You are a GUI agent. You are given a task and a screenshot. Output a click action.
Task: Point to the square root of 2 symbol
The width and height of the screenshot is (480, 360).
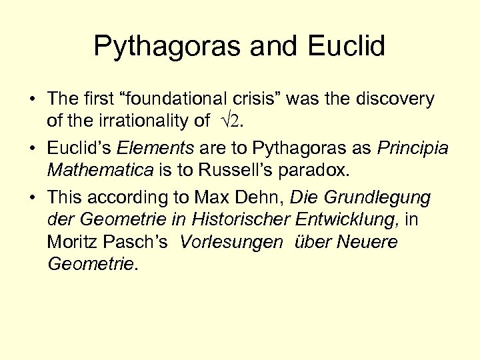pos(237,121)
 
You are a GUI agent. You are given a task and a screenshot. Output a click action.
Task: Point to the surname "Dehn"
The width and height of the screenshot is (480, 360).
pos(261,197)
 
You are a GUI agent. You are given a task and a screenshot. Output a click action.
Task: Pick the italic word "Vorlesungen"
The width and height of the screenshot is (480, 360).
pos(230,241)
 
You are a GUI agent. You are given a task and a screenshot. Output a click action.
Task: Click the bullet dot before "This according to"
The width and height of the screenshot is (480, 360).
pos(32,198)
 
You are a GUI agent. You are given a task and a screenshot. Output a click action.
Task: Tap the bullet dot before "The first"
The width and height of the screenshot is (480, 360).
pos(32,100)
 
